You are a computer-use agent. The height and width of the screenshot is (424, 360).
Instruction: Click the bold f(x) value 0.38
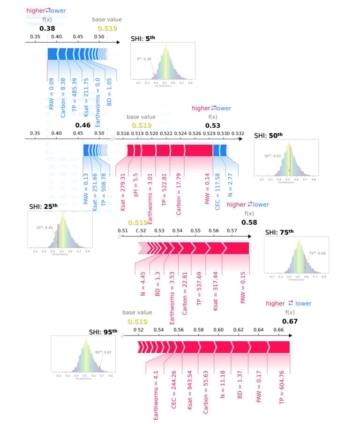pos(47,28)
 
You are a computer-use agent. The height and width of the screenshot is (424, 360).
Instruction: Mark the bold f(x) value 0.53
pos(213,125)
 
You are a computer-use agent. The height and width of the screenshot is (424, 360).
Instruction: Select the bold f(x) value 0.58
pos(249,222)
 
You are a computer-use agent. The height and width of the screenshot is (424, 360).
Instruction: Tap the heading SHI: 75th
pos(279,232)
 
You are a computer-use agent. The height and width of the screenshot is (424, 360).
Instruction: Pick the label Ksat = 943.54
pos(189,396)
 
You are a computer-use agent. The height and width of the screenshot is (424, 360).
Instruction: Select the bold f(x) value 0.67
pos(290,321)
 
